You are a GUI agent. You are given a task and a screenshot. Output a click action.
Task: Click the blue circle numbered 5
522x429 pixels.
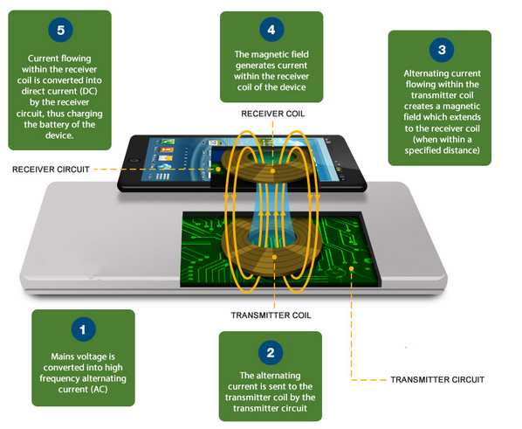point(60,30)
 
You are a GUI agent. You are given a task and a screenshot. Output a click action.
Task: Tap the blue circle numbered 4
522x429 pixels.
point(271,30)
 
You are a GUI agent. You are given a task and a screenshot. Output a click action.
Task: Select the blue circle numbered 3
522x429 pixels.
point(442,50)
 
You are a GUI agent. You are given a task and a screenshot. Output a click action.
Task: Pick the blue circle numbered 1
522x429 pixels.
point(84,329)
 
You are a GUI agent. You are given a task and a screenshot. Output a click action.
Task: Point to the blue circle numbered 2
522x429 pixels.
point(271,352)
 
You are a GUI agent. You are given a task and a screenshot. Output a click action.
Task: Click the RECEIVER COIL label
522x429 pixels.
point(273,114)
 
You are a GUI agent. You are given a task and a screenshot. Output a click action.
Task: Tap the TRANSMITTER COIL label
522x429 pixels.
point(271,315)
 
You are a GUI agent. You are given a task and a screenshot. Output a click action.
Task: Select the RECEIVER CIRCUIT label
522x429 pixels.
point(51,170)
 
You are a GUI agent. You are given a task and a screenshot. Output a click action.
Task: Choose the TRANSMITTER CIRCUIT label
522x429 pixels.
point(437,380)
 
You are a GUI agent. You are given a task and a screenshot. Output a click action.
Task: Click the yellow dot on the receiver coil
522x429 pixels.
point(272,171)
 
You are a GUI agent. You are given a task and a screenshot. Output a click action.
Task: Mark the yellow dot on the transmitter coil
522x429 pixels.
point(274,257)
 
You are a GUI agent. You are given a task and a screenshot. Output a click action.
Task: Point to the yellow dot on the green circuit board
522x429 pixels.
point(351,268)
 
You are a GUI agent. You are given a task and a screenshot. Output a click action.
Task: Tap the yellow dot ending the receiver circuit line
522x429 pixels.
point(218,170)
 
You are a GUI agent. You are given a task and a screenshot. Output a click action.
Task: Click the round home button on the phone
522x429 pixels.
point(134,161)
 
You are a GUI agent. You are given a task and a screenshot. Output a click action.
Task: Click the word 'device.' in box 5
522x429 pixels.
point(59,135)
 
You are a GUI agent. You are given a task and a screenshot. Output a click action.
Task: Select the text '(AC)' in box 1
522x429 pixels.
point(99,390)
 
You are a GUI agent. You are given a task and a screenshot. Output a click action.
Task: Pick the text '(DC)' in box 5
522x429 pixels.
point(88,92)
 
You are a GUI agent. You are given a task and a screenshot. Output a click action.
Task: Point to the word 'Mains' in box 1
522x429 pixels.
point(61,356)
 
